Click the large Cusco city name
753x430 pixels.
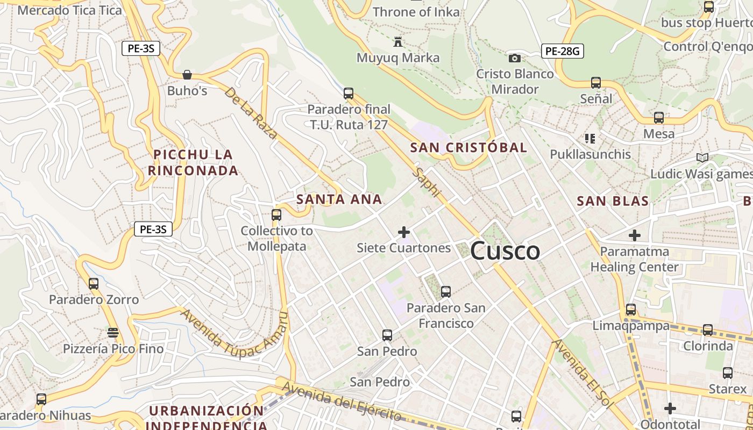click(x=505, y=251)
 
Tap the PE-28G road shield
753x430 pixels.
click(x=562, y=51)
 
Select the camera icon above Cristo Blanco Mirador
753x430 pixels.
click(x=515, y=58)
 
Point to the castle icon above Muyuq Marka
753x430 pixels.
click(x=398, y=41)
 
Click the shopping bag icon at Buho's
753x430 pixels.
click(x=187, y=75)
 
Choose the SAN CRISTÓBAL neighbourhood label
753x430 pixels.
click(x=468, y=147)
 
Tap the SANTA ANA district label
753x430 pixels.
click(x=339, y=199)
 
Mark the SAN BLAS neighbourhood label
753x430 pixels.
click(x=613, y=201)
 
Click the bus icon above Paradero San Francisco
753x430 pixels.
click(x=446, y=292)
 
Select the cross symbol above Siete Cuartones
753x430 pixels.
click(x=403, y=232)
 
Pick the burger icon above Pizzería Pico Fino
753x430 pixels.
click(x=113, y=333)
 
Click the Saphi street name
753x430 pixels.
click(x=428, y=182)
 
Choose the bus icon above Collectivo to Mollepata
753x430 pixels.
click(x=276, y=215)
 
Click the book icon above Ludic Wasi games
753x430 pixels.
click(x=702, y=157)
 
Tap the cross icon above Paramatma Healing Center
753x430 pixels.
click(x=635, y=235)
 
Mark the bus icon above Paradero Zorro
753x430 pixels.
click(x=94, y=283)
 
